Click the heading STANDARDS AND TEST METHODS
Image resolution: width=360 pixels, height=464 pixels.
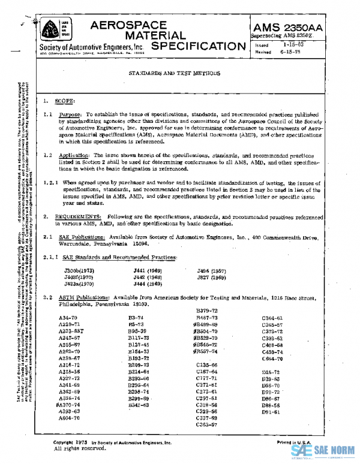174,73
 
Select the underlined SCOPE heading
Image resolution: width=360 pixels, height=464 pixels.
64,101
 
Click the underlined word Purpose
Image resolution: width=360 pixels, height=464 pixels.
70,114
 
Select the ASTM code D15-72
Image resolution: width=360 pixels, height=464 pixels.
271,372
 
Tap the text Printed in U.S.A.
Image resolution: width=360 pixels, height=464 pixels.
295,442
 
